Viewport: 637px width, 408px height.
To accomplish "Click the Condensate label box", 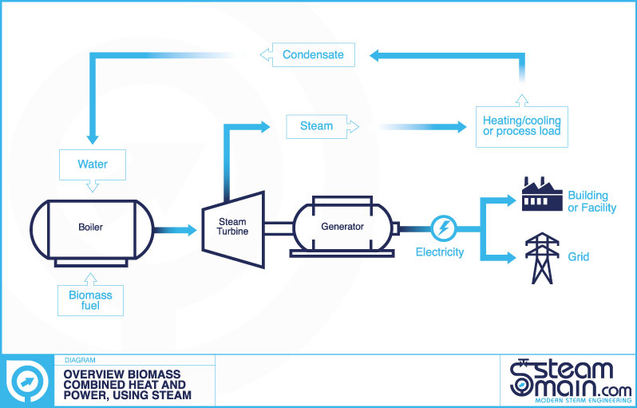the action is tap(313, 55).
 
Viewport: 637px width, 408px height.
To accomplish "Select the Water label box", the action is tap(93, 164).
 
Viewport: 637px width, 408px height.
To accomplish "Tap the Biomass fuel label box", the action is tap(90, 300).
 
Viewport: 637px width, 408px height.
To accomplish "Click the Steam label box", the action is tap(316, 126).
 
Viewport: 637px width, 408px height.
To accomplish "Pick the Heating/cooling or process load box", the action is tap(521, 126).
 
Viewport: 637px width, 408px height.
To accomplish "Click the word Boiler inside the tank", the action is tap(90, 228).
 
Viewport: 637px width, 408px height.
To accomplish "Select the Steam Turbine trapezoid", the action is tap(234, 230).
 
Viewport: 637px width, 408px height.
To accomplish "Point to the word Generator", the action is tap(342, 226).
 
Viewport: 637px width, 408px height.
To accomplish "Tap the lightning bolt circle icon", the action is tap(443, 228).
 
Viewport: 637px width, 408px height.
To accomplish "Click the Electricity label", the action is tap(440, 252).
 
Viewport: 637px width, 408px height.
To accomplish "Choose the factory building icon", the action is tap(542, 194).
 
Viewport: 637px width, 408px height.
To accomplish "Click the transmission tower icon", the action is tap(542, 258).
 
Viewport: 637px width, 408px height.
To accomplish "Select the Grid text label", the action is tap(579, 257).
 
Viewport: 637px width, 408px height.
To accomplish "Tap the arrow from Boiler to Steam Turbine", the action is tap(175, 230).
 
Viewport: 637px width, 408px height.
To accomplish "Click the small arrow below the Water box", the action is tap(93, 186).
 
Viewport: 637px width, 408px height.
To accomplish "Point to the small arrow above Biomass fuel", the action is tap(90, 279).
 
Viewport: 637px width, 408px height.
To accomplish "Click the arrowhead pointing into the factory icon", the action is tap(511, 200).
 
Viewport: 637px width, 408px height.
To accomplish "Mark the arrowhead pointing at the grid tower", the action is tap(511, 258).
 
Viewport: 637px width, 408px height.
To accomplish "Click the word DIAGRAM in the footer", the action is tap(80, 360).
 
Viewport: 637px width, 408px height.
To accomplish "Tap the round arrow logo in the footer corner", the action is tap(28, 382).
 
